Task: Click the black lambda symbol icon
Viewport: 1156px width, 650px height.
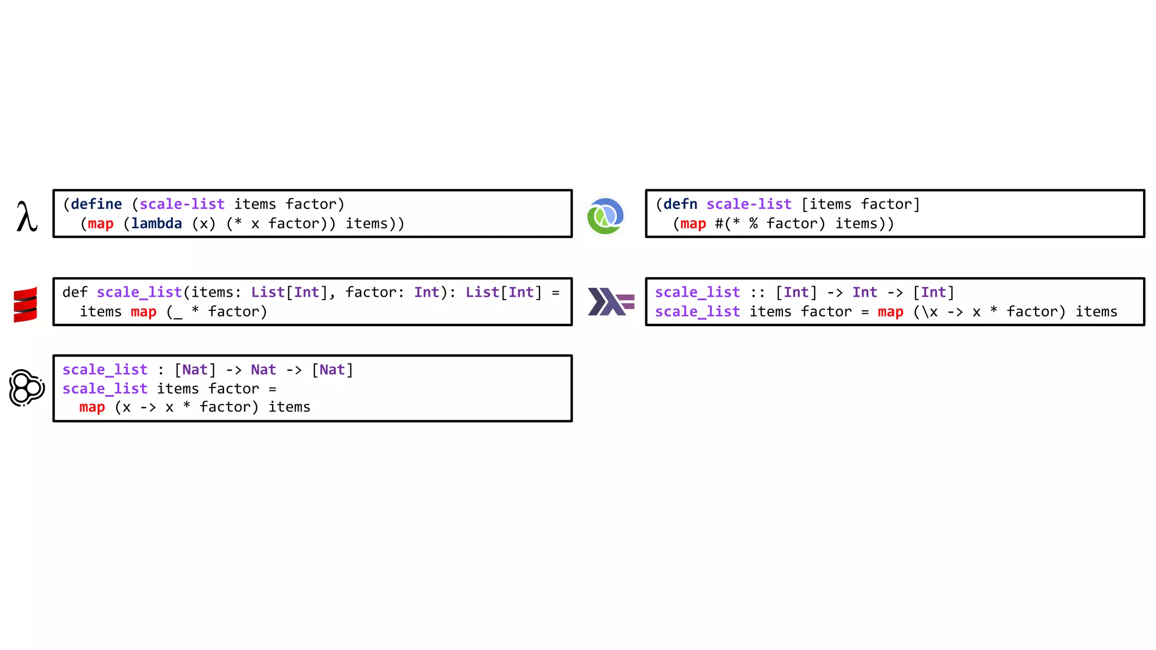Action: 27,217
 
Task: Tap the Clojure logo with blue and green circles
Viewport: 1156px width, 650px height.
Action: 605,216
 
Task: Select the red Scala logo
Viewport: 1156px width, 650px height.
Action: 25,305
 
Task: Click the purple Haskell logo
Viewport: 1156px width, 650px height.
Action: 611,302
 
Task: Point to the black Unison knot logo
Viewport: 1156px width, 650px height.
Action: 27,388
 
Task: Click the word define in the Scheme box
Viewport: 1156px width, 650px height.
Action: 96,204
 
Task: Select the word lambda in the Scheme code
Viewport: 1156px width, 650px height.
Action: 156,224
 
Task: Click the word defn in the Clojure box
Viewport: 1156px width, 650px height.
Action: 680,204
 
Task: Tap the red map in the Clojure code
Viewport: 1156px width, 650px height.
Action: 693,224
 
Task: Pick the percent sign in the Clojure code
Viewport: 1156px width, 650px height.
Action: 754,224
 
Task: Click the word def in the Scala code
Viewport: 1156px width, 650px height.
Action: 75,292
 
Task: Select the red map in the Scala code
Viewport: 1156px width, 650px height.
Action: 143,312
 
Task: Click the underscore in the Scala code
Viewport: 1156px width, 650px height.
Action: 178,314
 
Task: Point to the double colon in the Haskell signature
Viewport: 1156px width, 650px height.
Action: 757,293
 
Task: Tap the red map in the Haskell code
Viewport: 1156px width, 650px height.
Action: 890,312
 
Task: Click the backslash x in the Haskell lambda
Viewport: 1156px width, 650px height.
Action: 929,312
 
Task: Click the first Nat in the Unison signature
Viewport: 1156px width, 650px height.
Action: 195,370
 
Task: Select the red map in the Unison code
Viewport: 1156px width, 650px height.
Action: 92,407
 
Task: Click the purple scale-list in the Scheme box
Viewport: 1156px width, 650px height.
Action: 182,204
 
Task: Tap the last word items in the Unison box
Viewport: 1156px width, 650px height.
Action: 289,407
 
